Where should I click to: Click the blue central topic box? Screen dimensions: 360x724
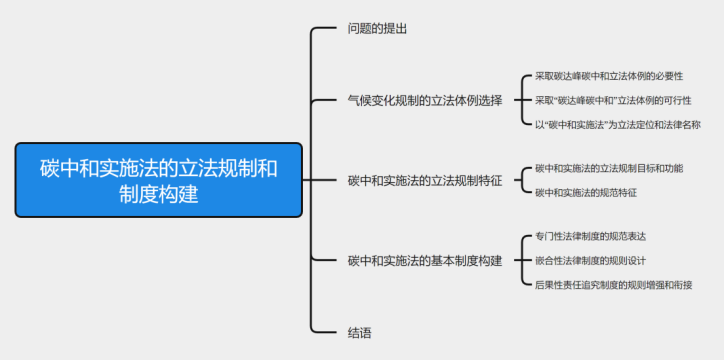coord(158,180)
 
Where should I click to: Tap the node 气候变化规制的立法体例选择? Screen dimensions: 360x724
coord(424,100)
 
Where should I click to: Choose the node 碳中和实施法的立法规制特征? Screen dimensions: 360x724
coord(424,180)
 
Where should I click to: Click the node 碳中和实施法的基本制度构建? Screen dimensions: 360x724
coord(424,260)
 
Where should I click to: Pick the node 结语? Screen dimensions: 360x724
coord(360,331)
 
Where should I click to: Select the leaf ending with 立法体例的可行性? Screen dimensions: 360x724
coord(612,100)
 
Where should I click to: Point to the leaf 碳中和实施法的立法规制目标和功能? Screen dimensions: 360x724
coord(609,168)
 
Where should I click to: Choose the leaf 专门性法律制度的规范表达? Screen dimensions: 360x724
coord(590,236)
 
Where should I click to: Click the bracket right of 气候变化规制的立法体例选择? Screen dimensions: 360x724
coord(520,100)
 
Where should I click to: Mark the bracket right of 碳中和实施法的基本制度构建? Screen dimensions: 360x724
coord(520,260)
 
